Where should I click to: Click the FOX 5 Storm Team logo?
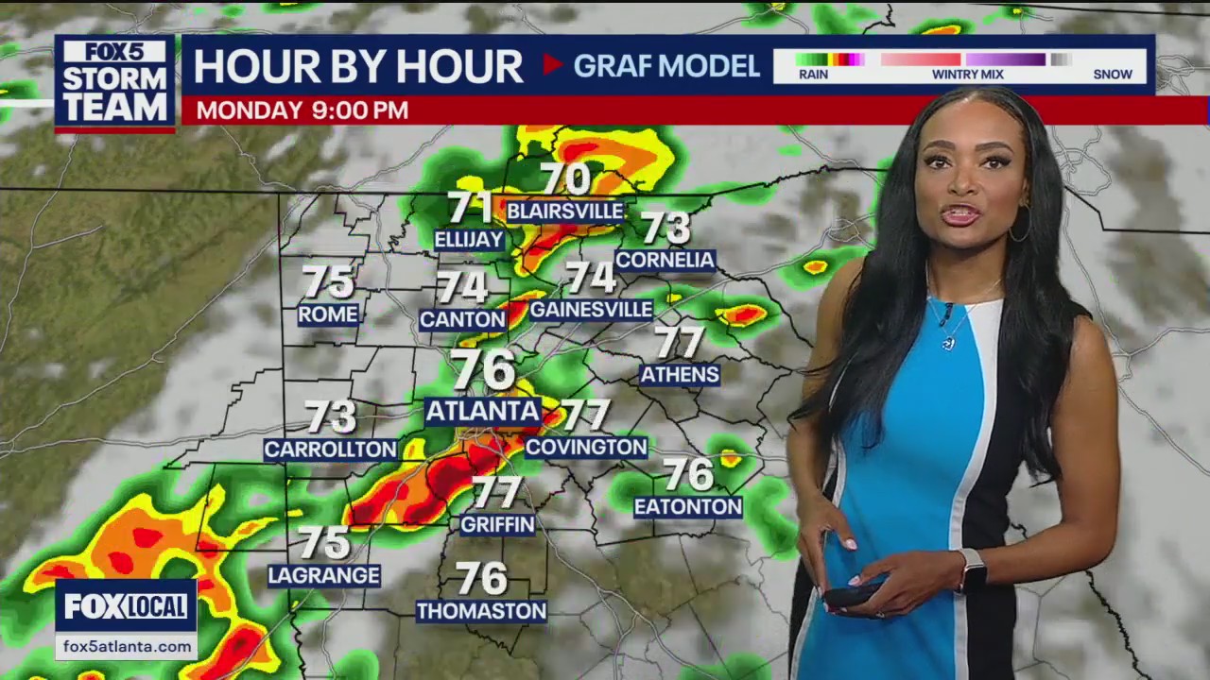point(114,82)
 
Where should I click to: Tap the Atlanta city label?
point(482,411)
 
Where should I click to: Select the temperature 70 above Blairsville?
point(565,178)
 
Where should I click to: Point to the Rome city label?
point(328,314)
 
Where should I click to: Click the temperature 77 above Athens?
point(680,342)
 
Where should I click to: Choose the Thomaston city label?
point(481,611)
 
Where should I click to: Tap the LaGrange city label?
point(324,575)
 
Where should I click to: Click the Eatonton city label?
point(688,507)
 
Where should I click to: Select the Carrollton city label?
point(330,450)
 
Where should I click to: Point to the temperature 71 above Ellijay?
point(470,207)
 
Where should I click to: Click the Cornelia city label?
point(665,260)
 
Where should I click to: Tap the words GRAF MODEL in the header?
point(666,65)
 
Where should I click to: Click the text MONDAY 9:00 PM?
point(302,110)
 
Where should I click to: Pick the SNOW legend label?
point(1112,74)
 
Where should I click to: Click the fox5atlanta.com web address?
point(126,646)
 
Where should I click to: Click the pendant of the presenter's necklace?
point(949,343)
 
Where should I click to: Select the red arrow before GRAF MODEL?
point(552,64)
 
